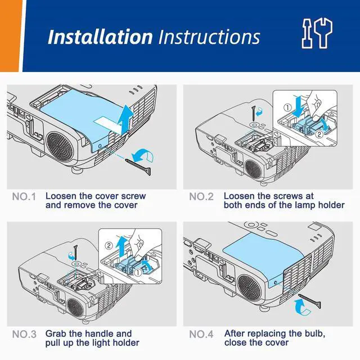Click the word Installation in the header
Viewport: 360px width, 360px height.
(x=100, y=37)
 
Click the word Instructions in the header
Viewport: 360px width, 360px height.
(x=209, y=37)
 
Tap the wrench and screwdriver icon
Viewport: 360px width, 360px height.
(x=317, y=34)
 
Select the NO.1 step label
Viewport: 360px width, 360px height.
(x=24, y=197)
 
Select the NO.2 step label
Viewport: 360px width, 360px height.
(x=201, y=197)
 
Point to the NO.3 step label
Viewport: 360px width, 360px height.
(x=24, y=334)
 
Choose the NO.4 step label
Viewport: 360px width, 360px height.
(x=201, y=334)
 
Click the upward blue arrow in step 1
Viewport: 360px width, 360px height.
(x=125, y=119)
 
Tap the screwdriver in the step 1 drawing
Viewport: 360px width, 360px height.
(x=138, y=166)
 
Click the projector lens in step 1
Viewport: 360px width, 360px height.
(x=60, y=146)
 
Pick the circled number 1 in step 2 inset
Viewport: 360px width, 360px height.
(x=287, y=107)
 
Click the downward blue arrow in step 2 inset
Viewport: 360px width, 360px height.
(x=299, y=107)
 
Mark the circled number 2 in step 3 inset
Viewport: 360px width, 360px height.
(x=109, y=246)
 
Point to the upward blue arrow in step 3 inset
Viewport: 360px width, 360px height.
(x=121, y=247)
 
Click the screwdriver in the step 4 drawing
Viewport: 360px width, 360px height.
(x=310, y=300)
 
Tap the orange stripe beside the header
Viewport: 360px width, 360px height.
(x=11, y=36)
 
